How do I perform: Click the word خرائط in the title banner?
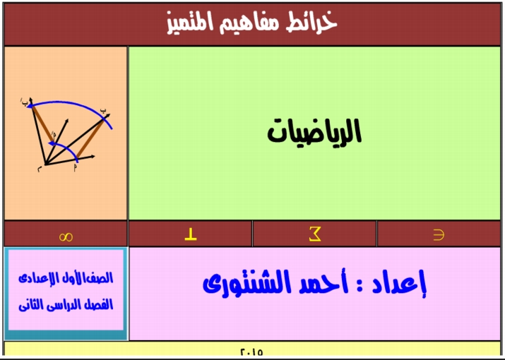pos(311,23)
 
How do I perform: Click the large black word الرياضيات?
pos(314,132)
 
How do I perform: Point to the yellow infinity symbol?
pos(66,237)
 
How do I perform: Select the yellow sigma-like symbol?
pos(315,234)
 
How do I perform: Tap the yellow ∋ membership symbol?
pos(439,235)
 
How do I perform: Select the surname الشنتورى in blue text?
pos(247,283)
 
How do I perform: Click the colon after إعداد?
pos(360,286)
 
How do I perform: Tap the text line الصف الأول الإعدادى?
pos(66,278)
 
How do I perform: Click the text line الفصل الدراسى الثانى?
pos(66,304)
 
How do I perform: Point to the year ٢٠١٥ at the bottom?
pos(251,352)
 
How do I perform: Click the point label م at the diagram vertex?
pos(40,169)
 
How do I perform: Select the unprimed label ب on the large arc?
pos(102,110)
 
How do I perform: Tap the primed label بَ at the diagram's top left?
pos(25,101)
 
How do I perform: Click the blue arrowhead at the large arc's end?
pos(29,104)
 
